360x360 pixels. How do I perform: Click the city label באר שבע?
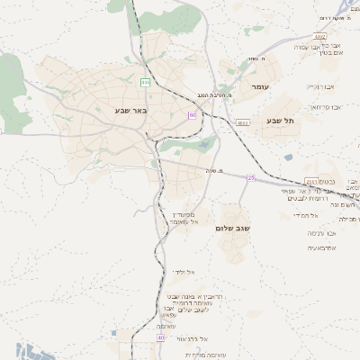point(130,110)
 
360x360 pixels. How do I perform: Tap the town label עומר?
point(260,86)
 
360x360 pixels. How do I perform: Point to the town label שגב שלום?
point(232,229)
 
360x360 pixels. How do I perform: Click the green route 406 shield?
point(144,81)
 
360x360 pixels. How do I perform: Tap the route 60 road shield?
point(193,115)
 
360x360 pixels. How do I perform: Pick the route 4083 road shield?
point(242,122)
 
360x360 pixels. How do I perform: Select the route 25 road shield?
point(251,177)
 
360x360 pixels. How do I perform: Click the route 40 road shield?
point(161,337)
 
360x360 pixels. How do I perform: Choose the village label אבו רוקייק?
point(320,87)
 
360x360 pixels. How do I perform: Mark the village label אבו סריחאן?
point(322,108)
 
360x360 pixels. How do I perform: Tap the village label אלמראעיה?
point(321,247)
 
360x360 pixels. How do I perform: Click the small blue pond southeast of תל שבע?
point(288,157)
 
